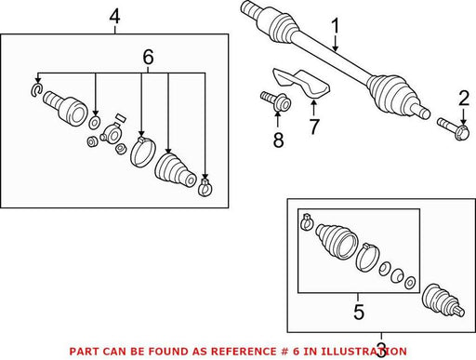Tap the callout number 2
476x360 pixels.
(464, 98)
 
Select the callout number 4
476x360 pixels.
(114, 17)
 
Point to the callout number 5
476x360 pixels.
(359, 312)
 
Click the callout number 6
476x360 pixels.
(148, 57)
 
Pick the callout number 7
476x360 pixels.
(314, 127)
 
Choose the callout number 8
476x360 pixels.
(278, 140)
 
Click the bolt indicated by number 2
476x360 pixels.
(453, 128)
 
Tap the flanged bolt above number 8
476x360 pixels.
(275, 100)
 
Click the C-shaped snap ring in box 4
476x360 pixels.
(36, 89)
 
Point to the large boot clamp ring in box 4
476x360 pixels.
(142, 151)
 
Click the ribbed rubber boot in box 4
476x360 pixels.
(175, 170)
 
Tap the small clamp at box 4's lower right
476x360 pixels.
(205, 187)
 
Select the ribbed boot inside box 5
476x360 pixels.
(337, 241)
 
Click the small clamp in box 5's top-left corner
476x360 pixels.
(306, 222)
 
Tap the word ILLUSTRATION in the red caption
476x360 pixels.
(364, 352)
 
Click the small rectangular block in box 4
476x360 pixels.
(120, 117)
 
